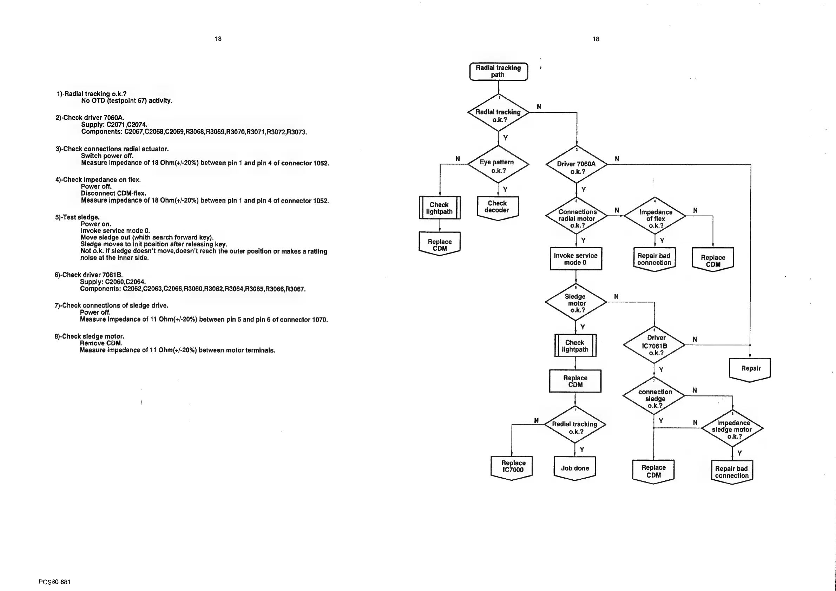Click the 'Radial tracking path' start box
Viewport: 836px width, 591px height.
498,71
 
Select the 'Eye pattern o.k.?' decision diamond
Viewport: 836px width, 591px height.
498,166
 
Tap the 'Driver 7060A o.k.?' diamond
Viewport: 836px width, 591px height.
576,167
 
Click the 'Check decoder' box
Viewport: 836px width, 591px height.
498,207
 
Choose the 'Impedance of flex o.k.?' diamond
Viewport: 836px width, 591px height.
655,218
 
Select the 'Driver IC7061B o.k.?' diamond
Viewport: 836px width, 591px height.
654,345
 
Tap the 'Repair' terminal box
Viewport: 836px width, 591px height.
750,368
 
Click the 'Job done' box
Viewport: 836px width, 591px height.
574,468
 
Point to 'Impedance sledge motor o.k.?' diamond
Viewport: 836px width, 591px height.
732,429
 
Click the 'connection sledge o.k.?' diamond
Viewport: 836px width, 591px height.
654,398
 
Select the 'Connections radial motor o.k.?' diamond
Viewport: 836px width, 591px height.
576,218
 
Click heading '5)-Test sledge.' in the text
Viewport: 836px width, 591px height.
77,217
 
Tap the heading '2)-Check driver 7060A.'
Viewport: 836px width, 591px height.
90,118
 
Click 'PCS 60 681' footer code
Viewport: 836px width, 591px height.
55,582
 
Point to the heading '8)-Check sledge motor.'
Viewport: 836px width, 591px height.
89,336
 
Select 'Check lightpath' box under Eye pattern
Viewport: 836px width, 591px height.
440,208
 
